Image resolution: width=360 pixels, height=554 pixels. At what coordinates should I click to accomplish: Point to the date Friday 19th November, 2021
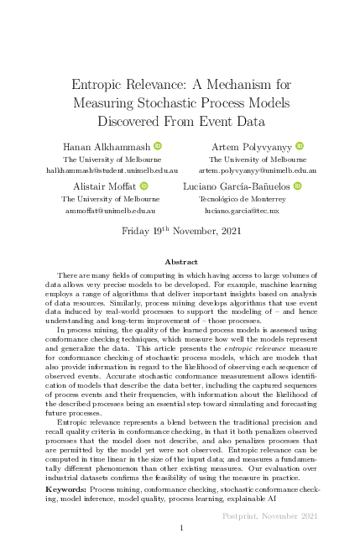pos(180,230)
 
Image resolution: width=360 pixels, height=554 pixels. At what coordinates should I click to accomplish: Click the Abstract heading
pos(180,262)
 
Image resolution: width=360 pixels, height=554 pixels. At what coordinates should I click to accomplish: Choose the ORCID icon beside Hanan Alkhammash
pos(156,146)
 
